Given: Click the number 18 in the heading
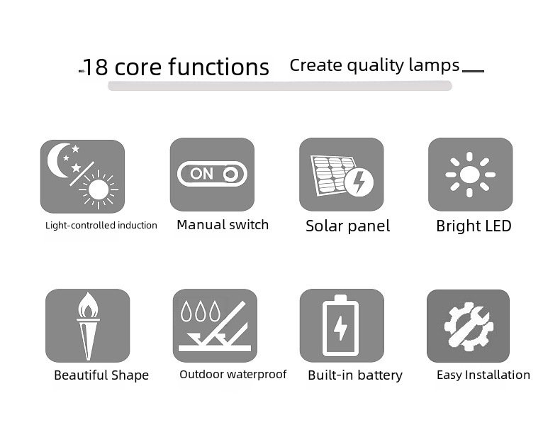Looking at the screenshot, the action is coord(96,67).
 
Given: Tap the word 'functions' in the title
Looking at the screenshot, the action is coord(218,67).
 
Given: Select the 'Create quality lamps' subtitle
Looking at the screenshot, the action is coord(374,65).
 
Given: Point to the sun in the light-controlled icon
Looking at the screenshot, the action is coord(99,189).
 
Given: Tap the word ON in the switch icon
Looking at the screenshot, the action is coord(201,174).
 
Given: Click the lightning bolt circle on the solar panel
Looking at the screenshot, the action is coord(359,182).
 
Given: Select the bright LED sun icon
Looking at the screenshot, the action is coord(470,175).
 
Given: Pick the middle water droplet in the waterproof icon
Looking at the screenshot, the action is coord(201,311).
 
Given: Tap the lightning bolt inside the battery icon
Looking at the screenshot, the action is coord(340,327).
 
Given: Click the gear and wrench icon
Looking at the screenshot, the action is coord(469,326).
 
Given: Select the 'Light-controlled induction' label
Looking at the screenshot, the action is coord(101,225).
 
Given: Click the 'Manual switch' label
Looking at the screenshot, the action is coord(223,225).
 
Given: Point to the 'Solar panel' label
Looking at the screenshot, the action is coord(347,226).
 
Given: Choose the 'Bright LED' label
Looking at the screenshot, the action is coord(474,226).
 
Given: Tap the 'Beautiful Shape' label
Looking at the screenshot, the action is coord(101,375).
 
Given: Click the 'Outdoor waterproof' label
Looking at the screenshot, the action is coord(233,374).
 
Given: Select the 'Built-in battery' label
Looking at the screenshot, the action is coord(355,375).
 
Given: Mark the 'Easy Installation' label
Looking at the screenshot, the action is coord(483,375).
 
